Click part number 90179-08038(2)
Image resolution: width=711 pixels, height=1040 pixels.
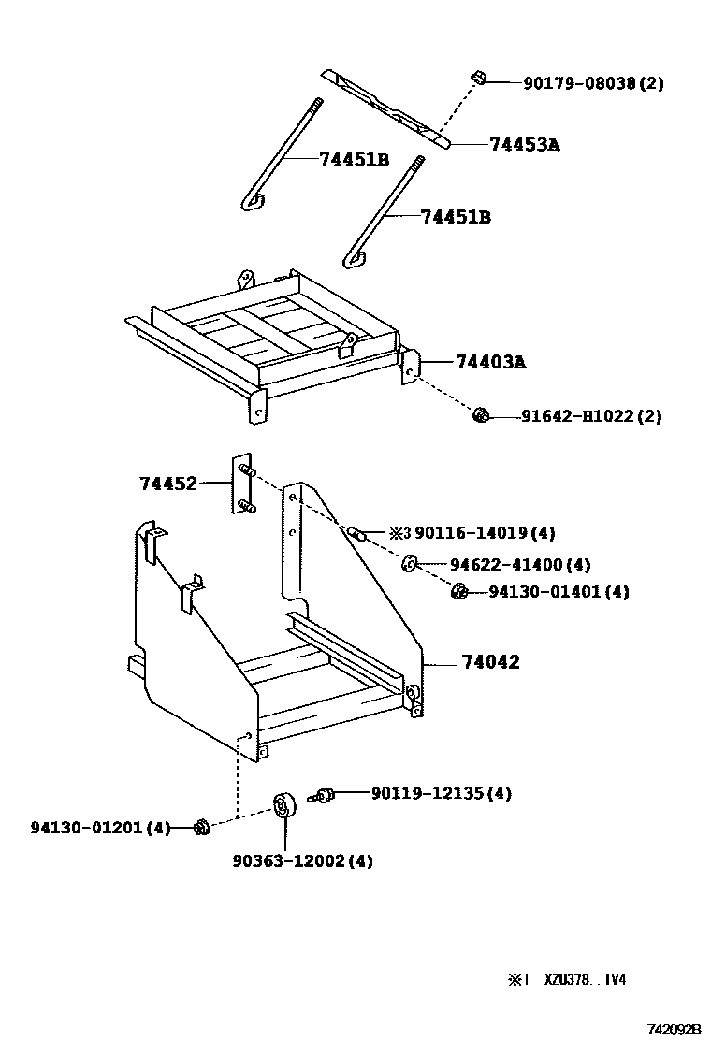(593, 83)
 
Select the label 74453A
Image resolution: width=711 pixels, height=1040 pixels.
(524, 144)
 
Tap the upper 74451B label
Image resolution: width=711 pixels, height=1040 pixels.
(354, 159)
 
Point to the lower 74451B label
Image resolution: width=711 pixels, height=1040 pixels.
(456, 217)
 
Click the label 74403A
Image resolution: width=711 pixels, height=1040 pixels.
(491, 361)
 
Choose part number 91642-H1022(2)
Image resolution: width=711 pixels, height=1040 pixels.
(590, 416)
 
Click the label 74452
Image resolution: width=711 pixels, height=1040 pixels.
(168, 484)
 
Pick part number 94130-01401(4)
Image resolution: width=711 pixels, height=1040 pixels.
(559, 592)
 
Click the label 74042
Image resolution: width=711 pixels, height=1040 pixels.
(490, 662)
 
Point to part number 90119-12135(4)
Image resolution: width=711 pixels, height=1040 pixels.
(441, 793)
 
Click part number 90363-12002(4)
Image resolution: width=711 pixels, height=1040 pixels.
(302, 860)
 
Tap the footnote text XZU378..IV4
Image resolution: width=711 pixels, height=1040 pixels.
(579, 980)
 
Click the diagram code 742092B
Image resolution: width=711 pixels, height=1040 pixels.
(674, 1029)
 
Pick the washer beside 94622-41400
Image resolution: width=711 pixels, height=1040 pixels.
(410, 563)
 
